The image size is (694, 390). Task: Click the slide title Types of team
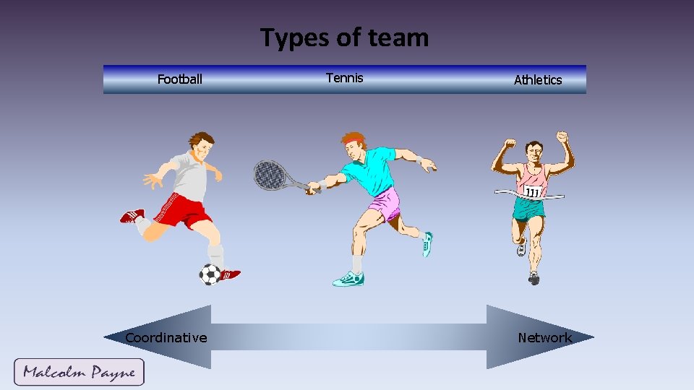coord(344,38)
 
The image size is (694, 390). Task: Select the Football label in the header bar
coord(180,79)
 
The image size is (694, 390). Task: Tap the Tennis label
coord(344,78)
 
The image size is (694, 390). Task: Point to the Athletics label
coord(537,80)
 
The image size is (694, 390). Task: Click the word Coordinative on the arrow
coord(166,337)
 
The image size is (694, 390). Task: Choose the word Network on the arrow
coord(544,337)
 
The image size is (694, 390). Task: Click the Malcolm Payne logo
coord(79,373)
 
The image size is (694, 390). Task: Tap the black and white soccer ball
coord(210,274)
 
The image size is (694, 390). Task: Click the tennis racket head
coord(269,174)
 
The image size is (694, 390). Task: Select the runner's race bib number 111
coord(533,192)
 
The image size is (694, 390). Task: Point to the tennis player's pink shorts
coord(385,203)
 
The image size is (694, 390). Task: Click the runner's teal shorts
coord(528,209)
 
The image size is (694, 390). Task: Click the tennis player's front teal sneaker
coord(348,279)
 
